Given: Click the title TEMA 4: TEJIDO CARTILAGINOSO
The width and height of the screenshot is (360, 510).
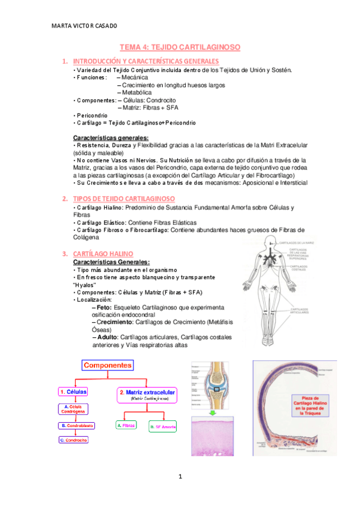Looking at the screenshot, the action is click(180, 46).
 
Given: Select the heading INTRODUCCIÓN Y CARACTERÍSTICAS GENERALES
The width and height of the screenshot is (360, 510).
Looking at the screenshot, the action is click(145, 61).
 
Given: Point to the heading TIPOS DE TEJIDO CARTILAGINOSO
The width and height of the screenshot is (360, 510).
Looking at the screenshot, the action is click(124, 198).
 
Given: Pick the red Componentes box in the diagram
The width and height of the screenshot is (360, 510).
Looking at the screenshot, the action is click(108, 364).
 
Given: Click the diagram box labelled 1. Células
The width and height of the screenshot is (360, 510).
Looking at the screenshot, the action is click(73, 392).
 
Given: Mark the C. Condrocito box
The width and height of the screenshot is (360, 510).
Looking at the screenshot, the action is click(73, 440).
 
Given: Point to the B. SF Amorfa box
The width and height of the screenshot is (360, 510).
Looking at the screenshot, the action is click(162, 426).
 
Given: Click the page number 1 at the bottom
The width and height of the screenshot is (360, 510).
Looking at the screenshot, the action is click(180, 477).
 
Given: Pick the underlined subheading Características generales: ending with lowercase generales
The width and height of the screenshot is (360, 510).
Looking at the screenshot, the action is click(111, 138).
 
